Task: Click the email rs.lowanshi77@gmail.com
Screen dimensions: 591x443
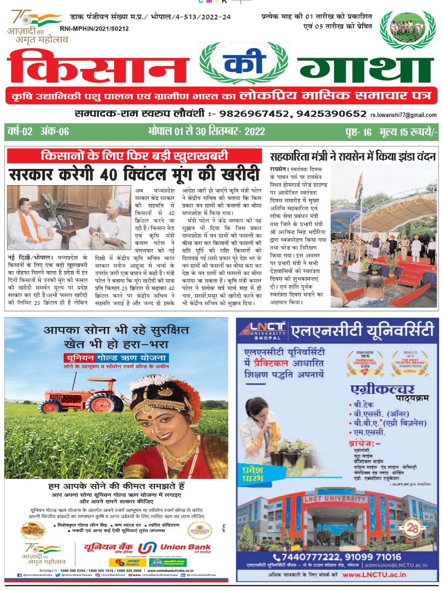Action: click(403, 115)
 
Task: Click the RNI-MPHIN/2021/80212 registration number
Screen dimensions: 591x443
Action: click(94, 29)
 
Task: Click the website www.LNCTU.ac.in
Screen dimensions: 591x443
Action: click(374, 574)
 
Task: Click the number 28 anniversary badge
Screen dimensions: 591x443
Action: click(412, 528)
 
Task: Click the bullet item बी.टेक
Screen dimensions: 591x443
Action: click(363, 405)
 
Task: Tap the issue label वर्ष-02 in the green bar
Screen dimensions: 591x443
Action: click(20, 131)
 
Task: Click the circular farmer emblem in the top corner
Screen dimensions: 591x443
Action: click(407, 30)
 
